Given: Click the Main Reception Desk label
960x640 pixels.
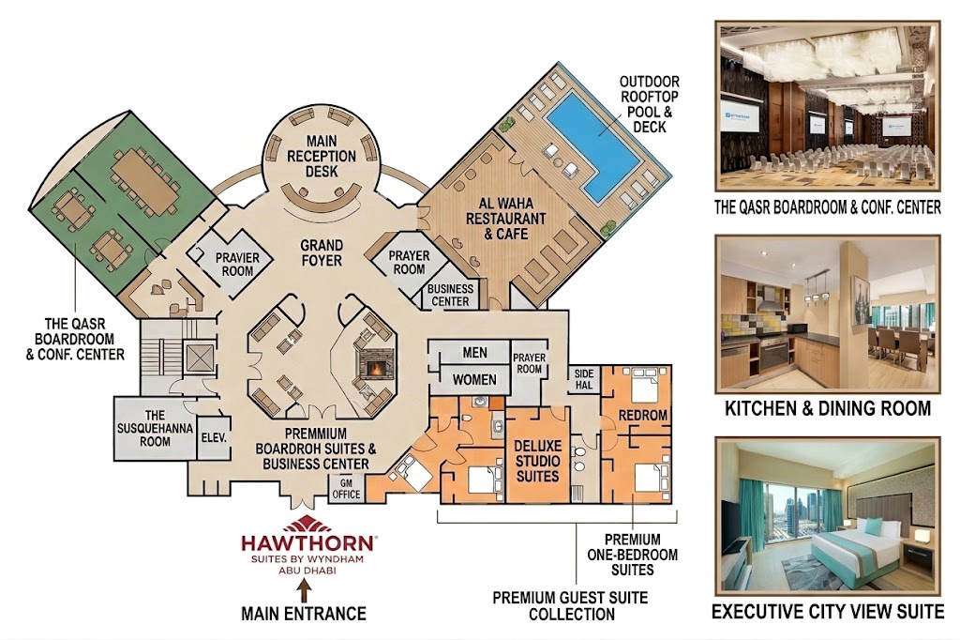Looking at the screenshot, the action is tap(322, 157).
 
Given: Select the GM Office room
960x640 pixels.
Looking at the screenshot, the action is tap(347, 489).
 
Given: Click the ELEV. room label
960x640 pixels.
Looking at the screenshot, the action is tap(214, 437).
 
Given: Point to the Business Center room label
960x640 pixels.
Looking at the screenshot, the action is tap(450, 295).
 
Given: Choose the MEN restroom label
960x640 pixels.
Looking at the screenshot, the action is tap(474, 353).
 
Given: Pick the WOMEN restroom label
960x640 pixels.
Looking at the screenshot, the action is tap(474, 380).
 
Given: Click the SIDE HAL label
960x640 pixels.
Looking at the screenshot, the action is tap(584, 379).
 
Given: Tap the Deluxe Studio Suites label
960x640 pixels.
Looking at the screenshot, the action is tap(537, 461).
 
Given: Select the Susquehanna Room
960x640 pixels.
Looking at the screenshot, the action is tap(155, 429).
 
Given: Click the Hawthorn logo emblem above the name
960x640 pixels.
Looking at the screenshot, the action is tap(308, 525).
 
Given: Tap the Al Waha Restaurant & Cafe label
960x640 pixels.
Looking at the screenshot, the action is tap(505, 219).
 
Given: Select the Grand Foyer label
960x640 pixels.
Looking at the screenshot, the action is tap(322, 252).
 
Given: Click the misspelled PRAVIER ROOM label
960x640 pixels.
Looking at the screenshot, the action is tap(237, 265).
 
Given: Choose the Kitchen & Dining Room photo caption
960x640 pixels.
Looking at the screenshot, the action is tap(828, 408).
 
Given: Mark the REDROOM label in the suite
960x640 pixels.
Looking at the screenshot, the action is tap(642, 415).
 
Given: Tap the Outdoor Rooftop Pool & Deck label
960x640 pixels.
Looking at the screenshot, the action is tap(649, 104).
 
